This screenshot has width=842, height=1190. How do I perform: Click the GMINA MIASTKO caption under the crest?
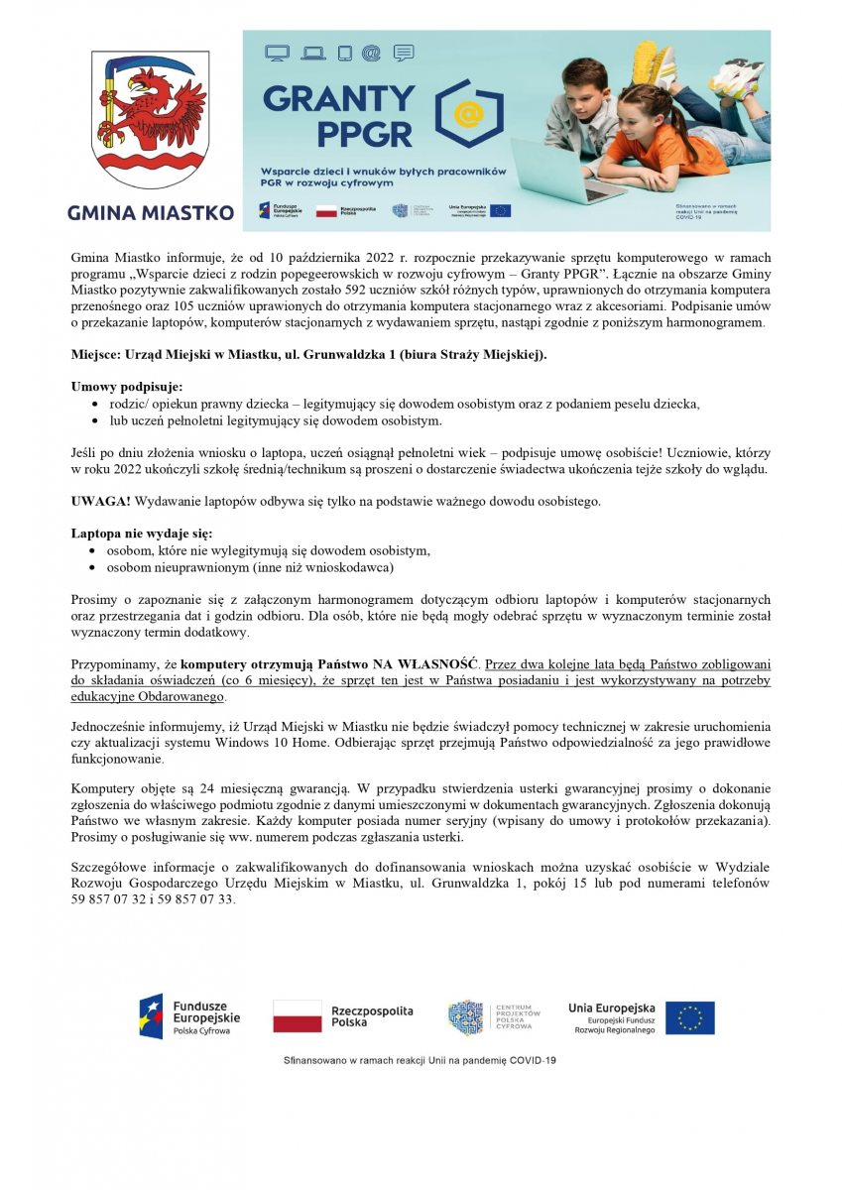coord(151,212)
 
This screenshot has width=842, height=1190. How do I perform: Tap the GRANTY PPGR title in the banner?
coord(339,114)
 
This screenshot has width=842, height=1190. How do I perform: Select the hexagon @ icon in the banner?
coord(469,114)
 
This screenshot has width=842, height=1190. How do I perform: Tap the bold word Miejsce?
coord(97,354)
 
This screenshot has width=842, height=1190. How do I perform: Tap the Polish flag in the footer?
coord(298,1016)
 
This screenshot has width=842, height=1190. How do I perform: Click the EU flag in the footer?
coord(689,1017)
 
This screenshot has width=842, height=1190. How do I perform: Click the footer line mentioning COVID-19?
coord(421,1060)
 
